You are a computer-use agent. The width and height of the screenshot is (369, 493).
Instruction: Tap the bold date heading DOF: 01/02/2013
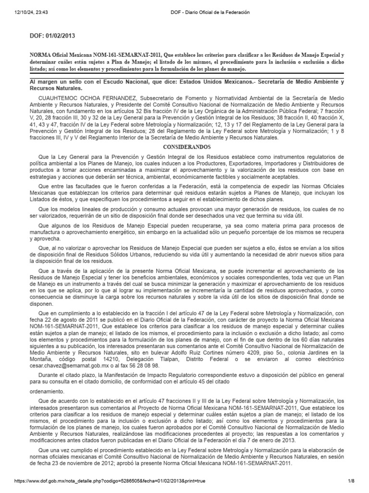(x=52, y=36)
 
